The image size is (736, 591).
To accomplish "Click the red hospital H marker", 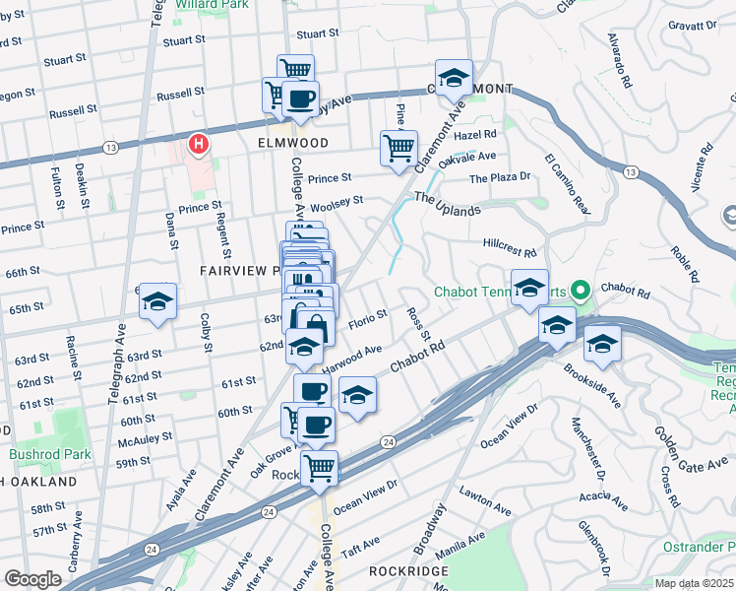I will (x=200, y=146).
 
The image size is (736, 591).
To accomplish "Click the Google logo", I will (x=32, y=579).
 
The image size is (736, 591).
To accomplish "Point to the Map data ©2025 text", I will (x=694, y=583).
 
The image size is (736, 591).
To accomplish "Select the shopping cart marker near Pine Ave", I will (x=398, y=149).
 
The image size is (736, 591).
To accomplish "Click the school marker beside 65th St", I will (x=156, y=302).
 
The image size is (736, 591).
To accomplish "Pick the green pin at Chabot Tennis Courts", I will (x=580, y=291).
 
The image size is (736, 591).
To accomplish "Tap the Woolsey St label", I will (x=337, y=202).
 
